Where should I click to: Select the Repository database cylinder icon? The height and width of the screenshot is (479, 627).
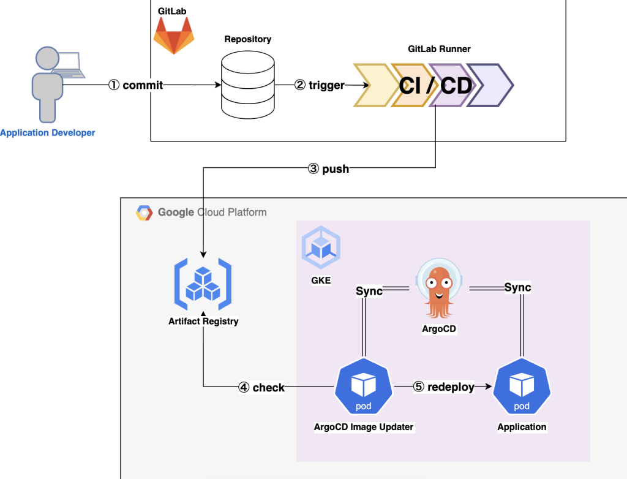[247, 85]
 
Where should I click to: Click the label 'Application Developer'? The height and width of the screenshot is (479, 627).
[48, 132]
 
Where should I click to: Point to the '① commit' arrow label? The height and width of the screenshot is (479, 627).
[136, 85]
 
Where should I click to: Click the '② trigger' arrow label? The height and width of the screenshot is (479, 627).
[320, 85]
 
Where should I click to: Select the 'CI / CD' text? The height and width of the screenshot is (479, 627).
[435, 85]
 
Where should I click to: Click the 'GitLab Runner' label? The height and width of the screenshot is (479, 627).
[439, 49]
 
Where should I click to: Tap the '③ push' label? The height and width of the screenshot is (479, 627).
[328, 168]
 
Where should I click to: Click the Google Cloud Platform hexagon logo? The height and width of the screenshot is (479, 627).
[145, 213]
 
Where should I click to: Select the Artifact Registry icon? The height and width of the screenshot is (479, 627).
[203, 283]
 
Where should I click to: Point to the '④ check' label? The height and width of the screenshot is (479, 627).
[261, 387]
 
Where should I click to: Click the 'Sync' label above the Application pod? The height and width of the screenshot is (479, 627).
[517, 287]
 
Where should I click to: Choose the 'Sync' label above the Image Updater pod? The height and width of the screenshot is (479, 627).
[369, 291]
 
